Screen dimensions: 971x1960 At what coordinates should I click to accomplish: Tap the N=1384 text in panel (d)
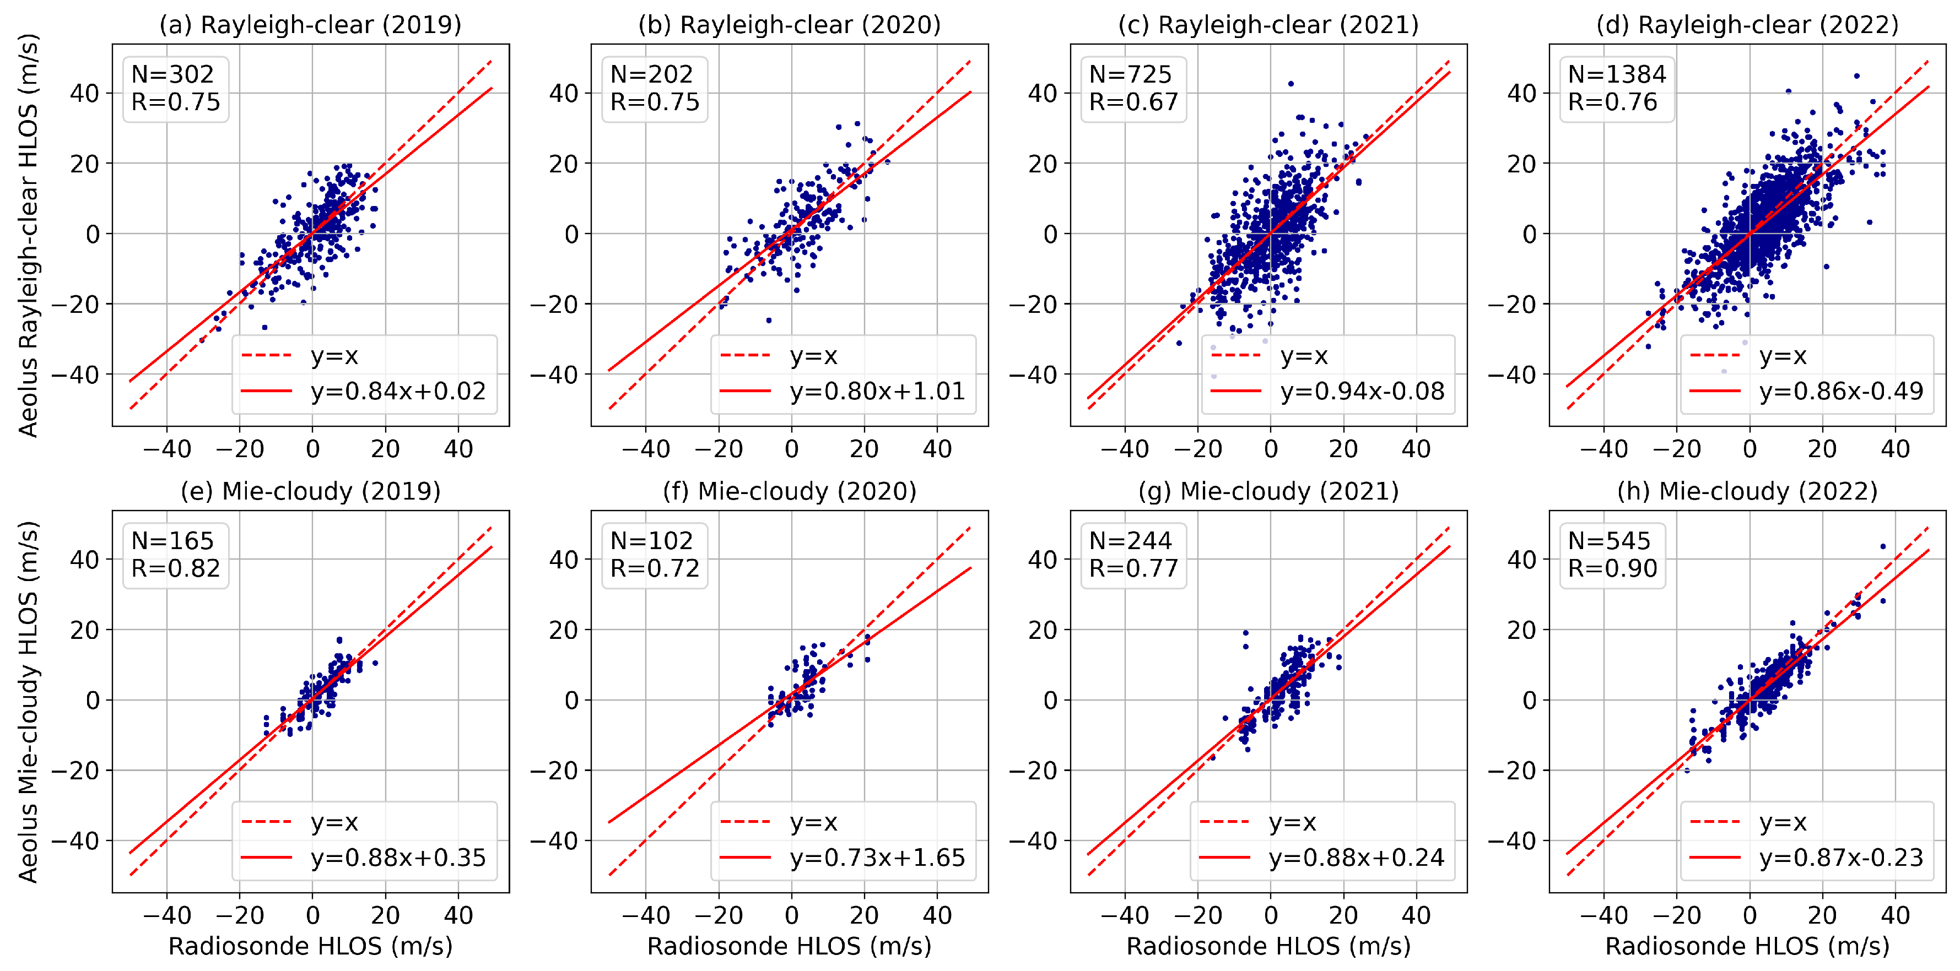point(1617,74)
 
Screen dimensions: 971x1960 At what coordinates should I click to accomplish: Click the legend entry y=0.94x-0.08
point(1362,391)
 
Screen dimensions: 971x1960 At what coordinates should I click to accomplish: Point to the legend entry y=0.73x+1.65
point(877,858)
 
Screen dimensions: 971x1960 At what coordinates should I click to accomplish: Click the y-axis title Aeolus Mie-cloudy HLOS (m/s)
point(28,701)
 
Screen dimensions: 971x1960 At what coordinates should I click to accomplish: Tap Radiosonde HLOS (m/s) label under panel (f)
point(789,946)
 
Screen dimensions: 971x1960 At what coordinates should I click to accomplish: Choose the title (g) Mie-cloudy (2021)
point(1268,491)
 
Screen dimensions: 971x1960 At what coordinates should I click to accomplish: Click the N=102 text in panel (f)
point(651,541)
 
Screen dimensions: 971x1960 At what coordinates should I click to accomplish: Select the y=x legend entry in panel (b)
point(813,356)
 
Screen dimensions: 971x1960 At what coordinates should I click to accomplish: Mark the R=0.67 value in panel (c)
point(1133,102)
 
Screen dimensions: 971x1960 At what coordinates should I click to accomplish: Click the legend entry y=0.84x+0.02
point(397,391)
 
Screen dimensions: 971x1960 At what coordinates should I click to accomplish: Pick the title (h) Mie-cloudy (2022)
point(1747,491)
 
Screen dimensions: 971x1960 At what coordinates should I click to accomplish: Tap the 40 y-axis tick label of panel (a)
point(84,94)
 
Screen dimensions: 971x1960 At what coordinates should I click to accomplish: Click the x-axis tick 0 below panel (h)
point(1750,915)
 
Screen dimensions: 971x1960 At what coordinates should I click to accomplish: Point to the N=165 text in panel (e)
point(172,541)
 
